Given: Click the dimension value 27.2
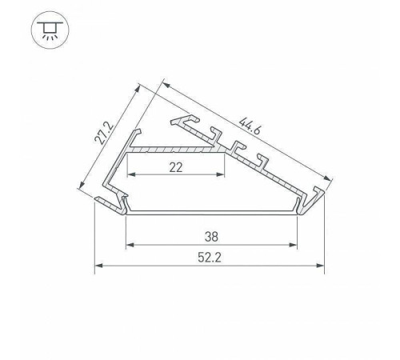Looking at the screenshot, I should click(x=102, y=128).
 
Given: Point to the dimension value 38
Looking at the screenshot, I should click(x=211, y=236).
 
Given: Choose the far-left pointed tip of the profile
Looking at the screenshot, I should click(x=96, y=199).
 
